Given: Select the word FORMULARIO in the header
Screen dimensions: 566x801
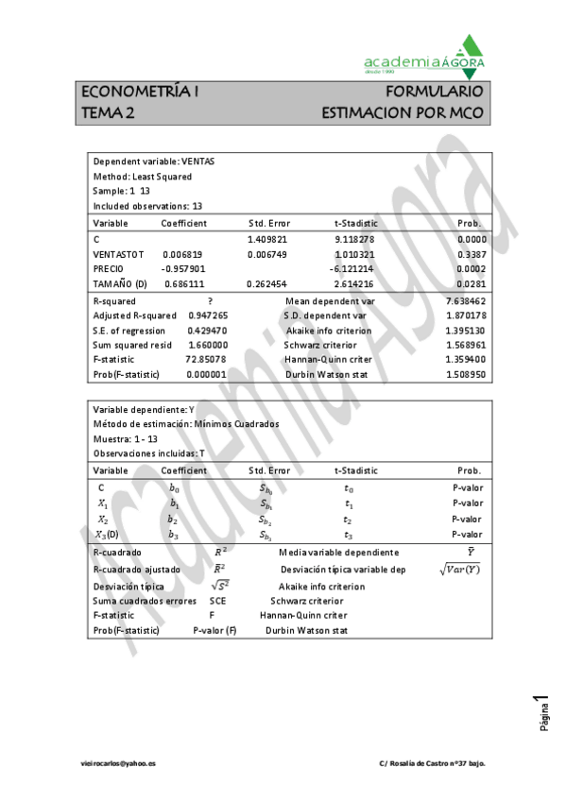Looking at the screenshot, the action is [x=436, y=92].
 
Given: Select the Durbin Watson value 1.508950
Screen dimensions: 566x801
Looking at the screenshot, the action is [x=465, y=375].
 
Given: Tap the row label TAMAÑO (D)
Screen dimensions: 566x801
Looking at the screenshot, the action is [x=120, y=284].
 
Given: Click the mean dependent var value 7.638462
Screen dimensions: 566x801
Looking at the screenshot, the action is [x=465, y=300].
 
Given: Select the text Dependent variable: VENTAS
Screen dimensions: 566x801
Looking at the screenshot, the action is [x=153, y=162].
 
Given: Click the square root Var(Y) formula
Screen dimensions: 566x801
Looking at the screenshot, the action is [x=459, y=570].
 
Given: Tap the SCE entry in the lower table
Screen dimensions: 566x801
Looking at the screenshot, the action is [x=217, y=600].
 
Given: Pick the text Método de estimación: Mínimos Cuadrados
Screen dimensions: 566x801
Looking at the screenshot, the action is [x=186, y=425].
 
